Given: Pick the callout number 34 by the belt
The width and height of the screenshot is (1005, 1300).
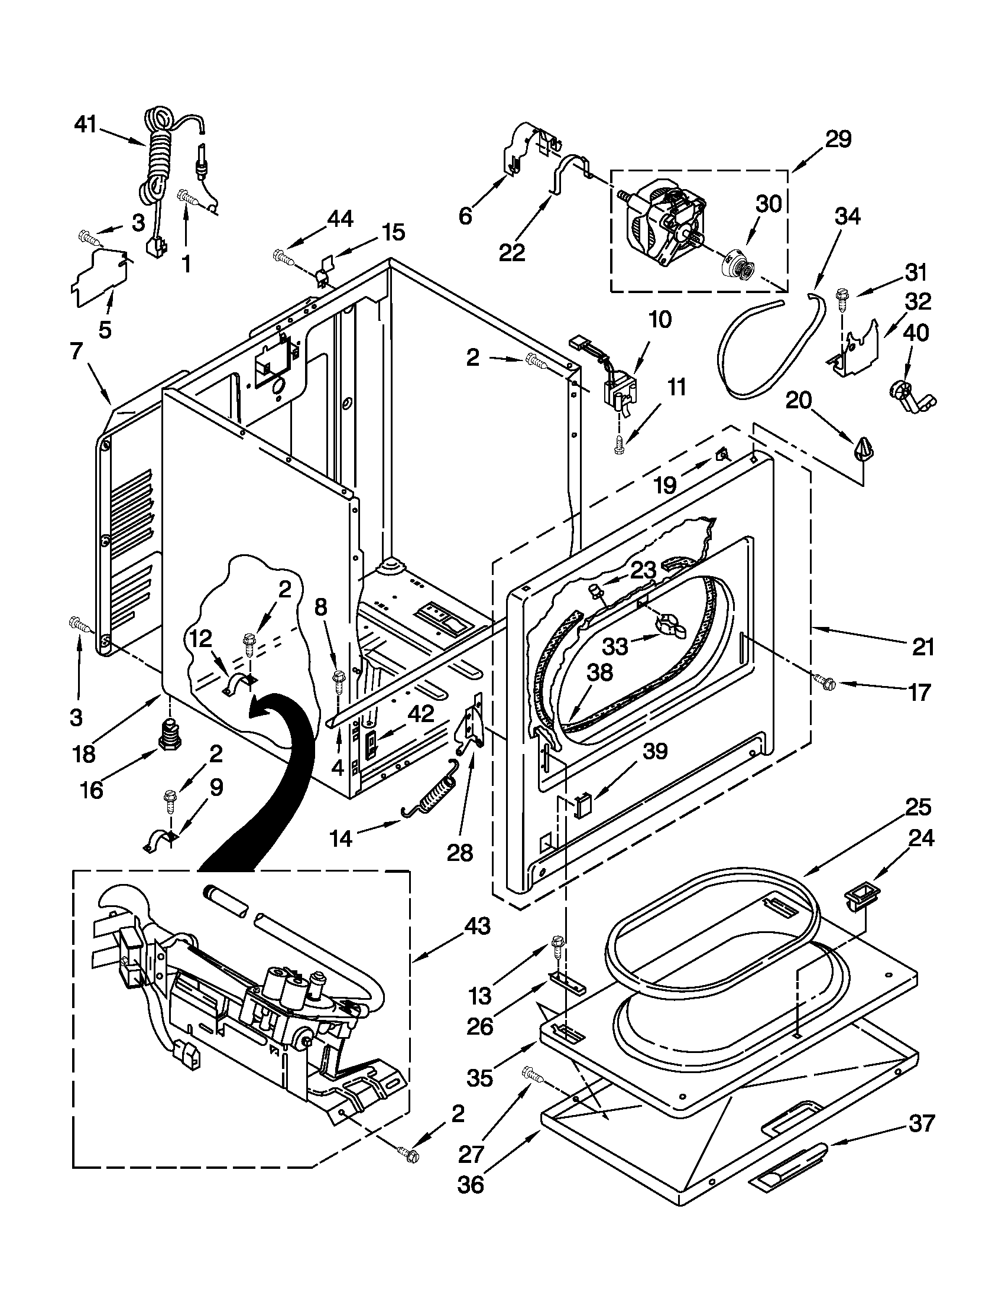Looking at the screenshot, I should tap(847, 217).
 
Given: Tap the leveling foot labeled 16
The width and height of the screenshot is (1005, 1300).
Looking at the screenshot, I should tap(171, 736).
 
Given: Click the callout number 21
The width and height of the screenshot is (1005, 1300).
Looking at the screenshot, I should tap(923, 646).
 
